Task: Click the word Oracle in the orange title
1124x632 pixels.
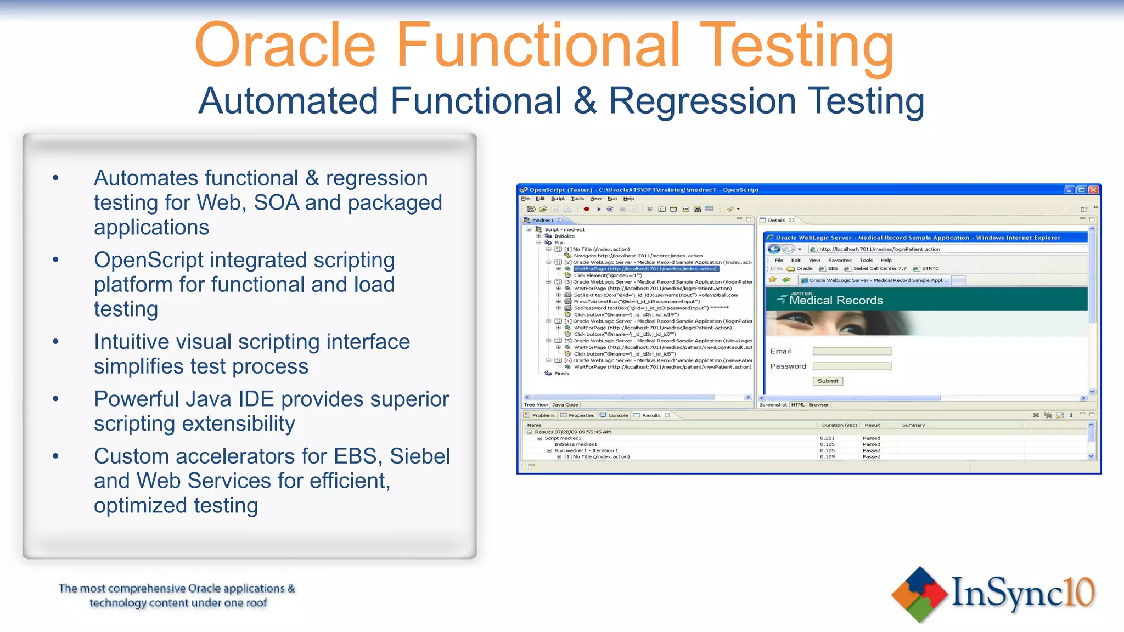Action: [x=285, y=45]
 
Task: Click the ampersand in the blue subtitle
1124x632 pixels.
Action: [x=585, y=101]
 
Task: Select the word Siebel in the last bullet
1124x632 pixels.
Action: [x=420, y=456]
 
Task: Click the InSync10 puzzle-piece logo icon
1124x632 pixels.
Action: [x=919, y=595]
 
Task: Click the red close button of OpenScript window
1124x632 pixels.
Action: [x=1093, y=190]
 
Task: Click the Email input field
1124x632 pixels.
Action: [x=851, y=351]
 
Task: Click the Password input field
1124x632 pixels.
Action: [x=851, y=366]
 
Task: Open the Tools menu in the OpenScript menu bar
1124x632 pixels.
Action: [x=577, y=199]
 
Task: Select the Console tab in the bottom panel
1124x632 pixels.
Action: [x=617, y=415]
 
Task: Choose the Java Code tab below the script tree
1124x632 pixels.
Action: [x=565, y=405]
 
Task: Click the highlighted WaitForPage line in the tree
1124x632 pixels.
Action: [x=645, y=269]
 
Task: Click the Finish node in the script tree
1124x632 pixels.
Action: [x=561, y=374]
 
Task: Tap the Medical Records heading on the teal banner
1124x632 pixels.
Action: [x=835, y=301]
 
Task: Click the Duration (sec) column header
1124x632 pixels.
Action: [x=839, y=425]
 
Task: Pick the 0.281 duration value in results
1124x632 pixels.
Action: [x=827, y=438]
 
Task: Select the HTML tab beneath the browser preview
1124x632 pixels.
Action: [x=797, y=405]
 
